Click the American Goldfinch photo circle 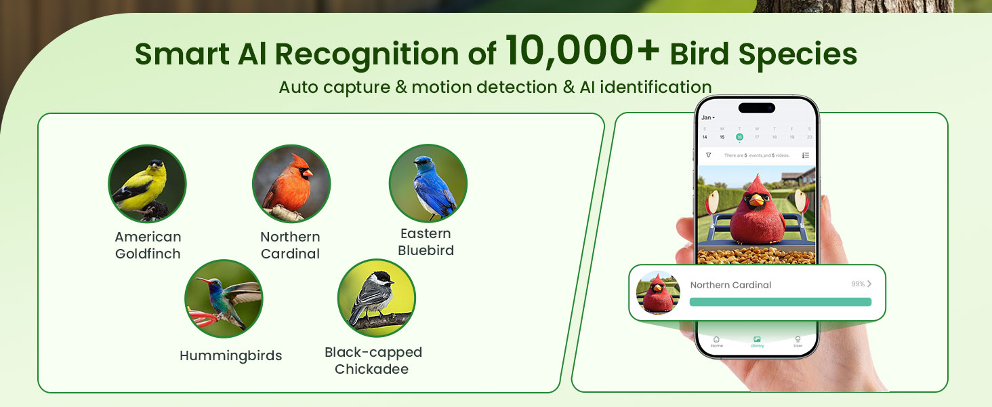click(x=147, y=184)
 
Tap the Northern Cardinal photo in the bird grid click(x=291, y=184)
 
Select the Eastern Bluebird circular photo click(x=428, y=183)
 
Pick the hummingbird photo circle click(x=224, y=298)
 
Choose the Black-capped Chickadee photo click(x=376, y=298)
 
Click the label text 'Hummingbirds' click(x=230, y=355)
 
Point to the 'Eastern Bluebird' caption click(x=426, y=242)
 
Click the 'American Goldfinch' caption click(x=148, y=246)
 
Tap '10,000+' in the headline click(x=582, y=52)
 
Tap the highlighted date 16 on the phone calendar click(x=739, y=137)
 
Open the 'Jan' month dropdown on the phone click(x=707, y=117)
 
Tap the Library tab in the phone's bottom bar click(x=757, y=341)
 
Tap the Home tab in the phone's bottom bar click(x=716, y=341)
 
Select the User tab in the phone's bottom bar click(x=798, y=341)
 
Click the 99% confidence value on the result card click(x=858, y=284)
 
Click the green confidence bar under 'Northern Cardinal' click(x=780, y=302)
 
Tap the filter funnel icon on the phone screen click(x=708, y=155)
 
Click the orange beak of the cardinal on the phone click(x=756, y=200)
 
